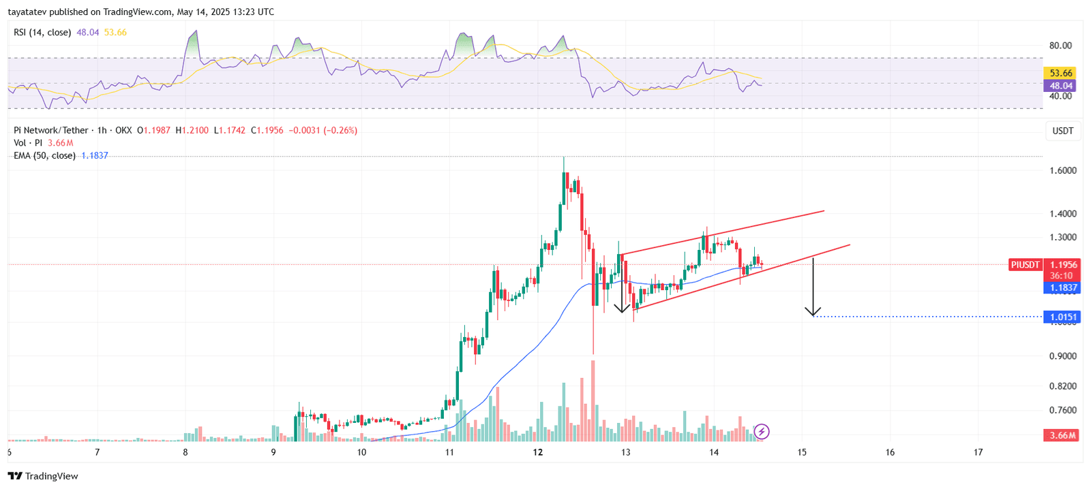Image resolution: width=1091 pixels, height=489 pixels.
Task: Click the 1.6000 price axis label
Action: click(x=1062, y=170)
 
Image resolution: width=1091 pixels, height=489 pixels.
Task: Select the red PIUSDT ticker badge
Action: click(x=1025, y=265)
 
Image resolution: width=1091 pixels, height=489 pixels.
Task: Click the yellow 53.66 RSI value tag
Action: click(x=1060, y=73)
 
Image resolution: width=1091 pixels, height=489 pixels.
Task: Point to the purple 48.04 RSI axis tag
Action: click(x=1060, y=86)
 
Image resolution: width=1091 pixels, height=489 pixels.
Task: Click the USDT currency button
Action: click(x=1062, y=131)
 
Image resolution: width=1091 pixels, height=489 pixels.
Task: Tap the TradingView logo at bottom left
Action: click(x=43, y=476)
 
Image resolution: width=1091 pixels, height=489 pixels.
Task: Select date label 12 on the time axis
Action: click(x=538, y=452)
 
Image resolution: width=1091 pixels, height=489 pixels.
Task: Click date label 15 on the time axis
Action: click(x=802, y=452)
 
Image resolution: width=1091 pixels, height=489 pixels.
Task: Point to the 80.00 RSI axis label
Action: click(x=1060, y=46)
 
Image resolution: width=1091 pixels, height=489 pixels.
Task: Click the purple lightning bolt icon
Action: click(x=762, y=431)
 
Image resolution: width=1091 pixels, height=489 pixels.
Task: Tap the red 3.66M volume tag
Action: click(x=1062, y=435)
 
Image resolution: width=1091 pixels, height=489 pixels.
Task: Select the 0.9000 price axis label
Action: click(x=1062, y=356)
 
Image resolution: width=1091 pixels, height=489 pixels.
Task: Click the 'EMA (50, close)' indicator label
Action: click(x=44, y=156)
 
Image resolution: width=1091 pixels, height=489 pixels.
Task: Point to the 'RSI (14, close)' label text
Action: click(x=42, y=33)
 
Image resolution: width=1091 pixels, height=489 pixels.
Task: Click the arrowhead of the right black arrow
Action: click(x=813, y=313)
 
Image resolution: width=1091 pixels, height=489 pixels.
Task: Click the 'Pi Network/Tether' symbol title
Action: click(x=51, y=130)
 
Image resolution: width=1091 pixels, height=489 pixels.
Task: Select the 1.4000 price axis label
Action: click(x=1062, y=214)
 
